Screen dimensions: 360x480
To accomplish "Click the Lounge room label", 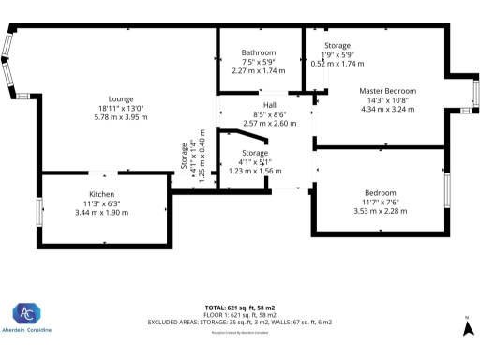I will (x=120, y=98).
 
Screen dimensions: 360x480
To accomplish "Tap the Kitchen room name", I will (x=102, y=194).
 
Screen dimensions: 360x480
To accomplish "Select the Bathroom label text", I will (x=258, y=52).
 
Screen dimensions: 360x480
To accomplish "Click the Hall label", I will (x=270, y=105).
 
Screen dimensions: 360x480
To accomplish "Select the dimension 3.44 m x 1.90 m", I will (x=102, y=213).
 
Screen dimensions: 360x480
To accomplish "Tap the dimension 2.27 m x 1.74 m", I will (x=258, y=70).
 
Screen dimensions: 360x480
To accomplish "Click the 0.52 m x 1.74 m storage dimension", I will (x=337, y=63).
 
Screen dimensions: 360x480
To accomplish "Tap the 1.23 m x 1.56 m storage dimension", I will (x=255, y=171).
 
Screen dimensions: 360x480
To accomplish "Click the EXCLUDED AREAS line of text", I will (x=240, y=322).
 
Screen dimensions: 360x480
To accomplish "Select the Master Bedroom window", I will (x=475, y=94).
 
